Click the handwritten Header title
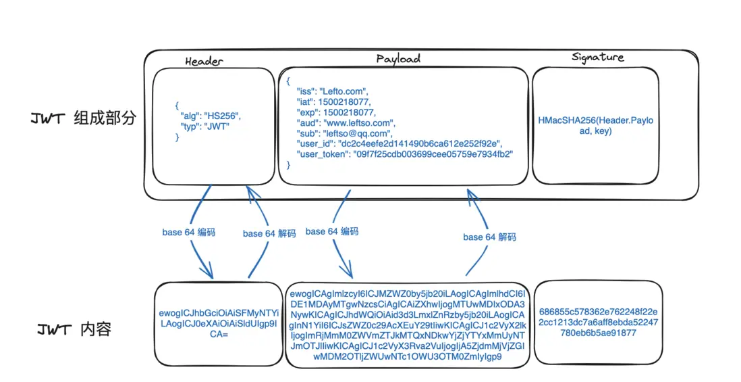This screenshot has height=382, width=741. [203, 61]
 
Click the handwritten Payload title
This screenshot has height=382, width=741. [398, 58]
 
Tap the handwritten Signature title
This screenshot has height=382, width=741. [597, 57]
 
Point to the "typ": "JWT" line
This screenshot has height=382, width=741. [204, 126]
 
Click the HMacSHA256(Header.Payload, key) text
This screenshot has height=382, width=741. [595, 125]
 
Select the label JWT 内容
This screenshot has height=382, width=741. [74, 330]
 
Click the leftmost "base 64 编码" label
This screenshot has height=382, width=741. [188, 232]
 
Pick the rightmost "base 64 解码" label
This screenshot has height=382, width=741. [489, 237]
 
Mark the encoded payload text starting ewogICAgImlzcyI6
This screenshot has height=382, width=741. [406, 325]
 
